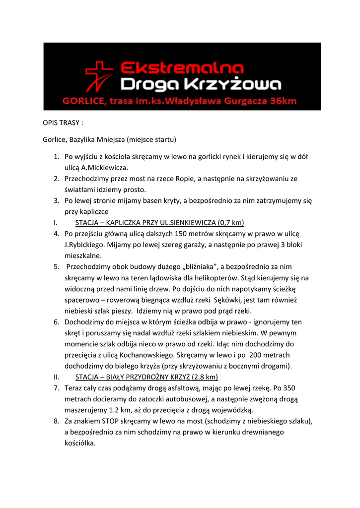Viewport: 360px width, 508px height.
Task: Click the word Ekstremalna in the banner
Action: pyautogui.click(x=182, y=67)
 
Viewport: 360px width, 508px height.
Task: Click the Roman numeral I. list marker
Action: pyautogui.click(x=55, y=222)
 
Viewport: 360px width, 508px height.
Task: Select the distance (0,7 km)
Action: pyautogui.click(x=230, y=222)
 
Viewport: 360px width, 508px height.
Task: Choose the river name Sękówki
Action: pyautogui.click(x=228, y=300)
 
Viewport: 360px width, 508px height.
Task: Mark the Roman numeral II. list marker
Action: pyautogui.click(x=56, y=377)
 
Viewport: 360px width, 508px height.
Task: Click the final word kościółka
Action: pyautogui.click(x=80, y=444)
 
